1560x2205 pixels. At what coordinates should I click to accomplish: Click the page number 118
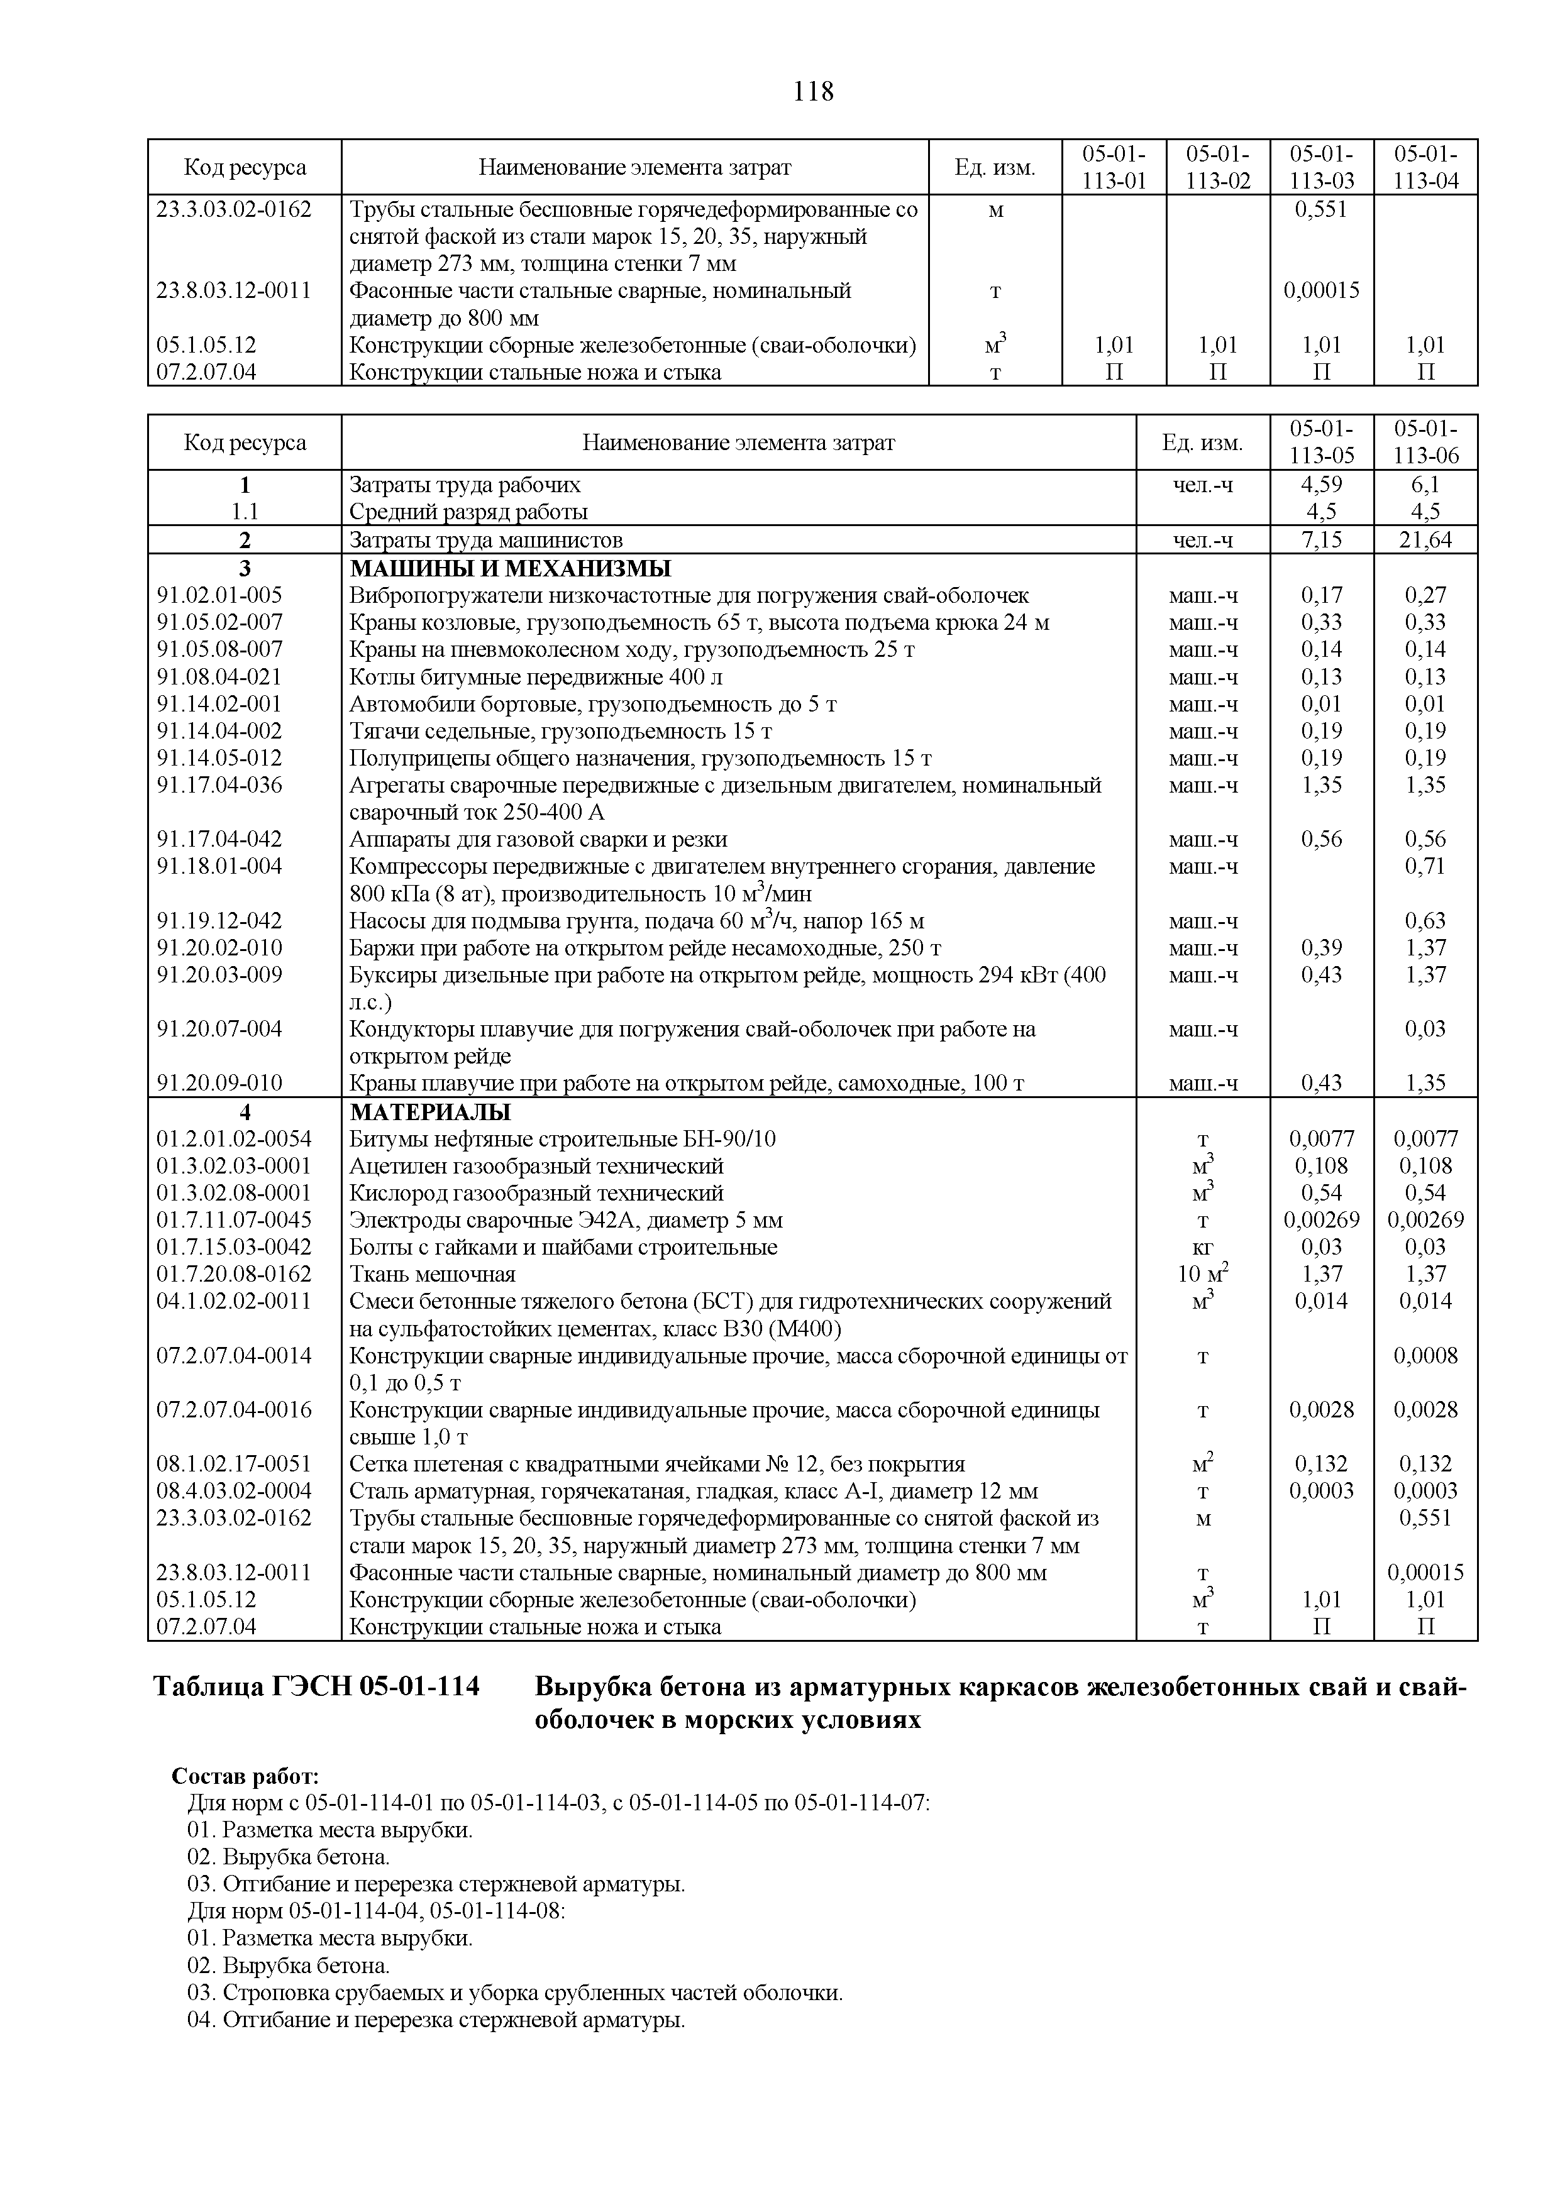click(x=814, y=92)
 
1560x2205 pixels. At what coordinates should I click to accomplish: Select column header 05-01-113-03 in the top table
click(x=1321, y=167)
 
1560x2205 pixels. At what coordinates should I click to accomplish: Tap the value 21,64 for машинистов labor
click(x=1425, y=541)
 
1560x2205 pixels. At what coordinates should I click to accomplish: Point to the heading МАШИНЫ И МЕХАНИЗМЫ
click(x=510, y=568)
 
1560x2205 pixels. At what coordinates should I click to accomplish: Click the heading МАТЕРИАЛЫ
click(x=430, y=1112)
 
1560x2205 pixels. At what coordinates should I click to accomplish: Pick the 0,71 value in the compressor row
click(x=1425, y=866)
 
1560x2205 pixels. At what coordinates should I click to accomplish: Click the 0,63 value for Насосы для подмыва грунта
click(x=1425, y=921)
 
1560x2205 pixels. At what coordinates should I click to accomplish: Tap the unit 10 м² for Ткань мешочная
click(x=1203, y=1274)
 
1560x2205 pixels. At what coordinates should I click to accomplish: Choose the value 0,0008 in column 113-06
click(x=1425, y=1356)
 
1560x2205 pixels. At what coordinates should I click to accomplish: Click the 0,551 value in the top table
click(x=1321, y=209)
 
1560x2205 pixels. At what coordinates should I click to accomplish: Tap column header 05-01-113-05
click(x=1321, y=442)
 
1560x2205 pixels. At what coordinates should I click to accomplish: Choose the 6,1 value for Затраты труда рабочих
click(x=1425, y=485)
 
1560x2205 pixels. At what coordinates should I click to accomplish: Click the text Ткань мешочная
click(x=432, y=1274)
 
